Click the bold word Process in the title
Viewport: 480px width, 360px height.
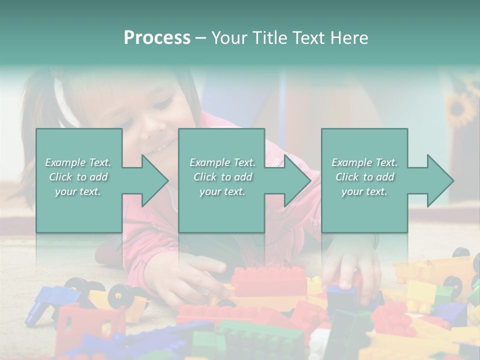[x=157, y=38]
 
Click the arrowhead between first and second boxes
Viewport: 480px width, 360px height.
[x=153, y=180]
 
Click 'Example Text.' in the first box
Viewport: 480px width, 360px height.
[x=78, y=162]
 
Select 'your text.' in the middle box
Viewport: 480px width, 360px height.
[x=222, y=191]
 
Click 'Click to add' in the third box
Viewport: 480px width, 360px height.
[x=364, y=177]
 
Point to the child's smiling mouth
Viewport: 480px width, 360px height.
[x=161, y=146]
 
